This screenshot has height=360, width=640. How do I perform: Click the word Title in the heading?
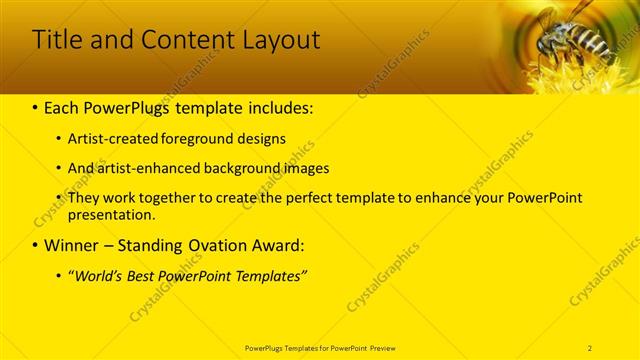[57, 40]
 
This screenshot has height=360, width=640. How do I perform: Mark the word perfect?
[302, 198]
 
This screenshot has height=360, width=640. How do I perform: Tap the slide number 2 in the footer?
[590, 347]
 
